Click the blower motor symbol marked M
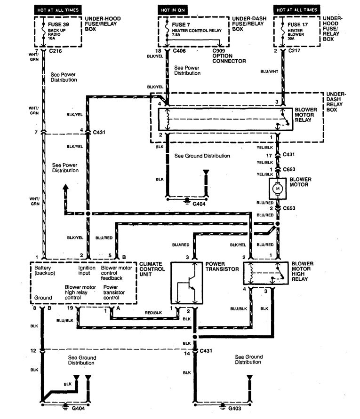[277, 189]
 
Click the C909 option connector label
[229, 55]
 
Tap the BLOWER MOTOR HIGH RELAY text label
[306, 271]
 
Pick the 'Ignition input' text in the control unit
[87, 270]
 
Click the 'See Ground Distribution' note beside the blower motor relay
[202, 156]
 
